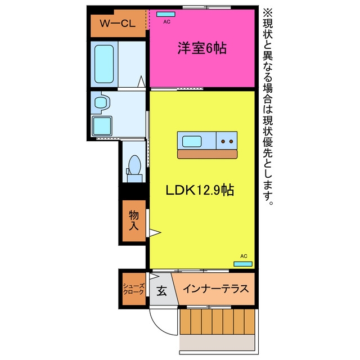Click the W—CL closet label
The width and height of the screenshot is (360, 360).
pyautogui.click(x=118, y=24)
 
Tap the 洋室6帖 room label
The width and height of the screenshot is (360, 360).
pyautogui.click(x=202, y=48)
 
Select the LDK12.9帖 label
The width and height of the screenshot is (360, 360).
pyautogui.click(x=200, y=190)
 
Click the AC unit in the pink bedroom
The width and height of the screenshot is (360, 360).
pyautogui.click(x=166, y=14)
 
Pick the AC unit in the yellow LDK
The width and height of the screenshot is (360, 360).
pyautogui.click(x=243, y=264)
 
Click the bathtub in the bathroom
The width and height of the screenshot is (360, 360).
pyautogui.click(x=104, y=64)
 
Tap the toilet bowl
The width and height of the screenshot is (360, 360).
pyautogui.click(x=135, y=165)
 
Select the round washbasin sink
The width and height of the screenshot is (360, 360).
pyautogui.click(x=101, y=102)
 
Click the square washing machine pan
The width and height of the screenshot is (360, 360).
pyautogui.click(x=102, y=126)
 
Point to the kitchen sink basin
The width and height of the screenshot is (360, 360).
pyautogui.click(x=192, y=141)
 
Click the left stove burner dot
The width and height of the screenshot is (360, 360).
pyautogui.click(x=223, y=141)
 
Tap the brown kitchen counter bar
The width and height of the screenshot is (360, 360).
pyautogui.click(x=208, y=154)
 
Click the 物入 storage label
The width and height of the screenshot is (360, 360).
pyautogui.click(x=134, y=220)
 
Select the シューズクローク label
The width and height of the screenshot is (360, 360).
pyautogui.click(x=134, y=289)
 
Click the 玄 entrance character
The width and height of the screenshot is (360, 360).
pyautogui.click(x=162, y=291)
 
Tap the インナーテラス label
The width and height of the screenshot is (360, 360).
pyautogui.click(x=216, y=289)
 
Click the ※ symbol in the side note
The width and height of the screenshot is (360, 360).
pyautogui.click(x=268, y=12)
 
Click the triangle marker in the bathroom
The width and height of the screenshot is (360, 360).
pyautogui.click(x=141, y=82)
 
